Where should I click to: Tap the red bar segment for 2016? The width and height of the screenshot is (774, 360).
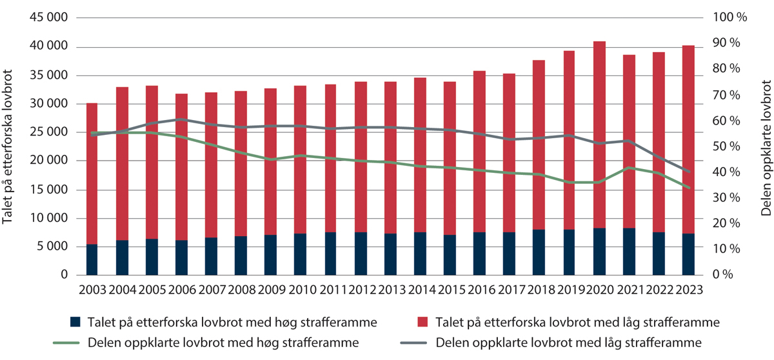point(479,129)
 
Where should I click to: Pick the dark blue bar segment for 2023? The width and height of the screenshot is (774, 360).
point(689,254)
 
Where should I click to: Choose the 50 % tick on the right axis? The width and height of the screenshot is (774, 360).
point(726,146)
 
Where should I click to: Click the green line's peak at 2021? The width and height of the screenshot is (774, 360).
point(630,168)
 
